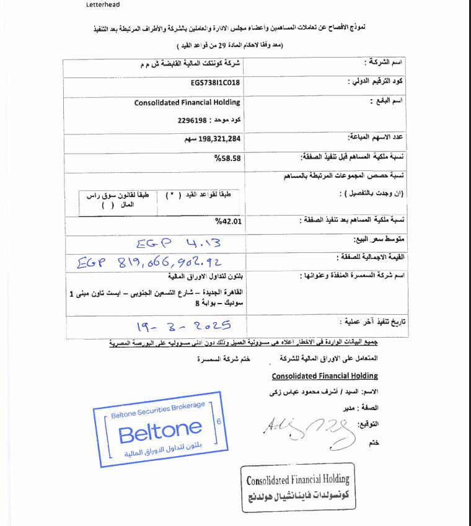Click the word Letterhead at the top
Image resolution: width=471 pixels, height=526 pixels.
pos(103,5)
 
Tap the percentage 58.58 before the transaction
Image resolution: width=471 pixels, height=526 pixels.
pos(227,159)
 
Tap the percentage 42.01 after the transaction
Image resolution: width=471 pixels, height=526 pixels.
pos(227,220)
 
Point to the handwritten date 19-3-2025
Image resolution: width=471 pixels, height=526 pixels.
pos(183,325)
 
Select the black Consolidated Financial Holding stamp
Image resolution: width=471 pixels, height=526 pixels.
pos(297,487)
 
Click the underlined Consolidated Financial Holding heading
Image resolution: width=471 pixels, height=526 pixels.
pos(325,376)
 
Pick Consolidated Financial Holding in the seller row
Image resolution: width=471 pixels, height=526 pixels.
pos(187,102)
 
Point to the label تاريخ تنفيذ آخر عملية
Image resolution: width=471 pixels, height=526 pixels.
pos(372,322)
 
